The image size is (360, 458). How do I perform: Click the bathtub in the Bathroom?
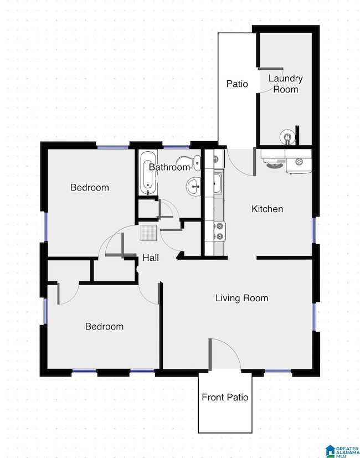point(148,172)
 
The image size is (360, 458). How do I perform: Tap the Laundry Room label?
point(286,84)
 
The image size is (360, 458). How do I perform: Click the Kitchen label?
point(268,209)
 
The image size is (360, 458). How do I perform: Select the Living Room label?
point(241,298)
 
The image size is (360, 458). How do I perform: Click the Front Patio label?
point(225,397)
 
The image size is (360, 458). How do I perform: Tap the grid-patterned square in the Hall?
point(149,233)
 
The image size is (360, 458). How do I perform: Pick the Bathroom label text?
point(169,167)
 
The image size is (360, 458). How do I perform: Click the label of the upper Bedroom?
point(90,187)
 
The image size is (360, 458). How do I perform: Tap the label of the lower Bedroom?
point(104,326)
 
